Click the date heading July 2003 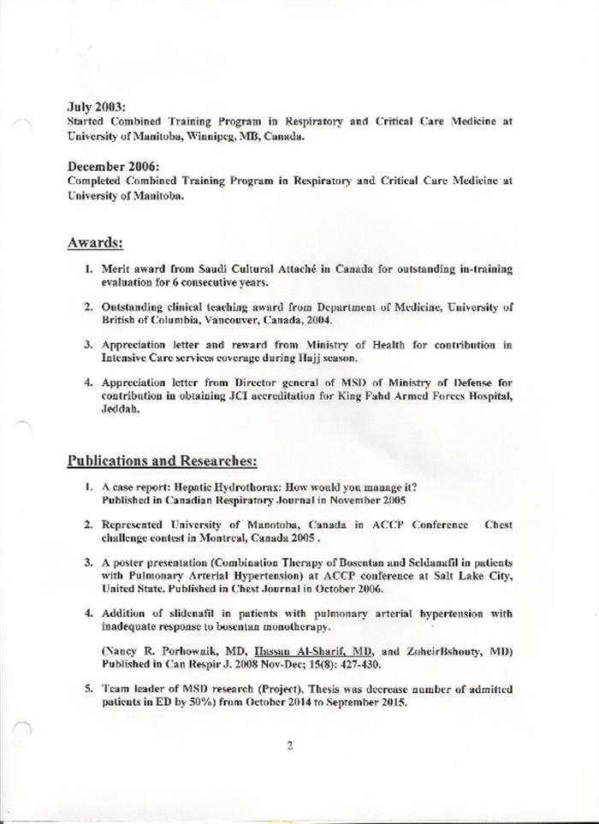[96, 107]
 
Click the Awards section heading [95, 242]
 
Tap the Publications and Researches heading [162, 461]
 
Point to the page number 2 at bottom [290, 744]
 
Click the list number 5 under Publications [88, 689]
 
